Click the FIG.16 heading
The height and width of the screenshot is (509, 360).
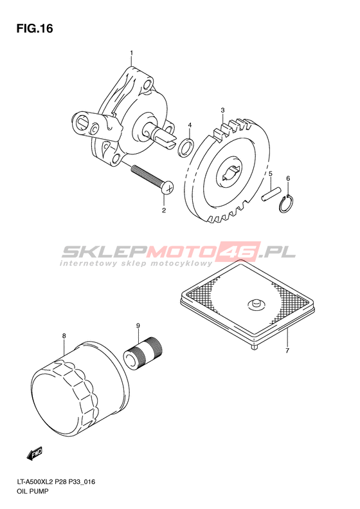(x=35, y=28)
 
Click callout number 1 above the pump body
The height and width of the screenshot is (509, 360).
(x=131, y=52)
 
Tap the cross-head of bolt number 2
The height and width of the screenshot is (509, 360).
(x=168, y=188)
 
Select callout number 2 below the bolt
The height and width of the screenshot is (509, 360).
(x=164, y=210)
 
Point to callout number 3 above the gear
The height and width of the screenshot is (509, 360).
(x=222, y=111)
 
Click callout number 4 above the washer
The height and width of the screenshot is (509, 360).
(x=190, y=125)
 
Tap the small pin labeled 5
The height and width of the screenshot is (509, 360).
(x=269, y=194)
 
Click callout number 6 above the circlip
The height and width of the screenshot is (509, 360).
(x=288, y=178)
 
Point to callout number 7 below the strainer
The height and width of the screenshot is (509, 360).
(x=287, y=350)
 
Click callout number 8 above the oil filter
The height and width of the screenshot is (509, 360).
(x=64, y=336)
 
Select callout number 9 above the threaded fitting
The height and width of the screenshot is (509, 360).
(x=138, y=325)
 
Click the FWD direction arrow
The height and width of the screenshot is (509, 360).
(x=34, y=454)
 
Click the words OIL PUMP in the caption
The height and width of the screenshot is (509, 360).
(x=32, y=491)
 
